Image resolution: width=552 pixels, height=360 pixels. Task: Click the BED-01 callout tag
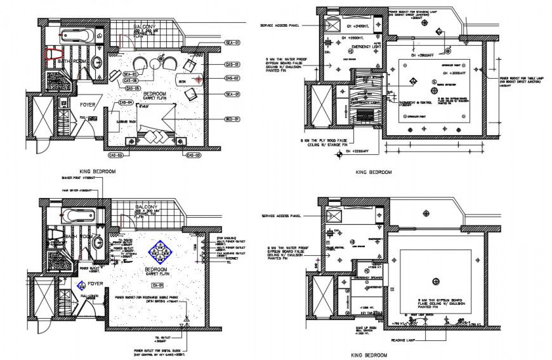(232, 119)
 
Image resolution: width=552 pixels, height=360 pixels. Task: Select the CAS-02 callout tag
(232, 78)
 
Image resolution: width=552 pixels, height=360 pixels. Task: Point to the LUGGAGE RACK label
(124, 121)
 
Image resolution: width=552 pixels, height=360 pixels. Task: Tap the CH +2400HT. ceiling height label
(358, 27)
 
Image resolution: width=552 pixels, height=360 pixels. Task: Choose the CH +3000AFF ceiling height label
(429, 56)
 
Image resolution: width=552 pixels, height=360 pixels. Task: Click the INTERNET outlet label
(220, 258)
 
